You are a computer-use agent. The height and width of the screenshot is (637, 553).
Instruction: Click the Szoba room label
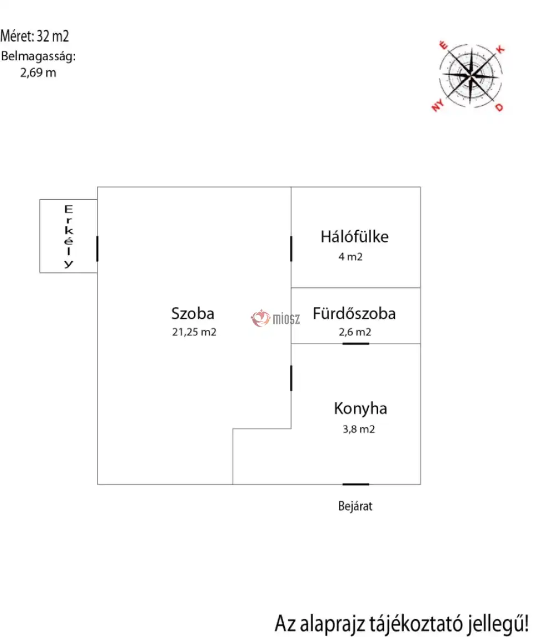coord(192,314)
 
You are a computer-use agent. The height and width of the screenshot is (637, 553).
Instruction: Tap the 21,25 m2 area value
coord(194,332)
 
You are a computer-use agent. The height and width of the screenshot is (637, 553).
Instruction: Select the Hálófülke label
coord(354,236)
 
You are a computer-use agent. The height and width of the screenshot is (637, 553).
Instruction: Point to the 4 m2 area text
coord(351,257)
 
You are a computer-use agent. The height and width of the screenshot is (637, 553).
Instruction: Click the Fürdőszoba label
coord(354,314)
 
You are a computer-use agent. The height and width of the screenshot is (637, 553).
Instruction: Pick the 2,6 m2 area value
coord(355,332)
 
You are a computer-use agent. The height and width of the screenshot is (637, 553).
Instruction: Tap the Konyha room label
coord(361,409)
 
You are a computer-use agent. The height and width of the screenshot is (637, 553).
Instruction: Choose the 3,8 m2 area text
coord(358,429)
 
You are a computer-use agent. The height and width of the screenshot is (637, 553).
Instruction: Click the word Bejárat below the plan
coord(355,506)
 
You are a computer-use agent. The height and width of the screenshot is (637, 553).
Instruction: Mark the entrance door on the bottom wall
coord(356,484)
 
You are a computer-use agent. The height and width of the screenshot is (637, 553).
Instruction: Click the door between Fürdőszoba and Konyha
coord(356,344)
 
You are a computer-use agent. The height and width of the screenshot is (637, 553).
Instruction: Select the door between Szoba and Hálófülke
coord(291,248)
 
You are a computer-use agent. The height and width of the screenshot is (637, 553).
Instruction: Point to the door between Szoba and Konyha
coord(291,378)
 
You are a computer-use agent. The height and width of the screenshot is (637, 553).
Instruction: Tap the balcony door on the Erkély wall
coord(97,248)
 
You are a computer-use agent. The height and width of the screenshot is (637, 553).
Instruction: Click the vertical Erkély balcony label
coord(69,236)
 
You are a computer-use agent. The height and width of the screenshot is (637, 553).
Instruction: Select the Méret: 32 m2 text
coord(34,36)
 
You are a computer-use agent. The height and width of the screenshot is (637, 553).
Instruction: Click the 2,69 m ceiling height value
coord(38,72)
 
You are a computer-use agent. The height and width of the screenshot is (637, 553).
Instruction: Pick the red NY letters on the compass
coord(437,106)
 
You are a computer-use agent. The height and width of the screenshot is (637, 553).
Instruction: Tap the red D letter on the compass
coord(499,107)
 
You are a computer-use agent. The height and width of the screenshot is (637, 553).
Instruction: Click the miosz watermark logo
coord(275,319)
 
